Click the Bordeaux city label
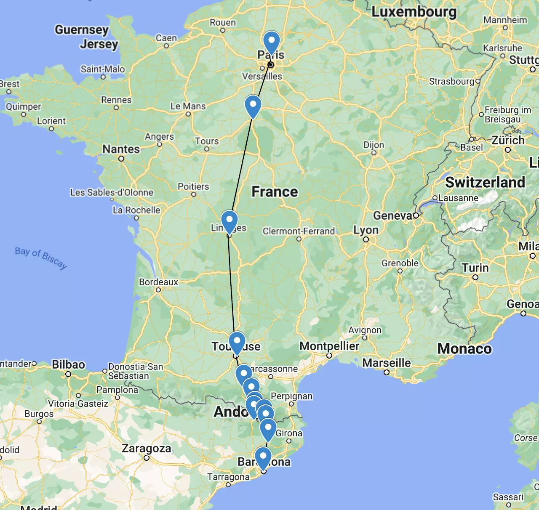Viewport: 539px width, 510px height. pos(159,282)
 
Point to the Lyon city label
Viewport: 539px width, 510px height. pos(366,230)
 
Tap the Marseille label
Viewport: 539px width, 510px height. pos(386,363)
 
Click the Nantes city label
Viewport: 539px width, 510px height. pos(121,149)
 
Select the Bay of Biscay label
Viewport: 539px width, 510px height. pos(41,257)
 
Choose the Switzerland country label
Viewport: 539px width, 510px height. pos(485,182)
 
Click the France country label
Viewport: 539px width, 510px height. pos(275,192)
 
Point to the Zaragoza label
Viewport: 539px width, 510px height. pos(147,448)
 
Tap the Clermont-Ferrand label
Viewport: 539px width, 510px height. pos(299,231)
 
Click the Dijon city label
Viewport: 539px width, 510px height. pos(374,145)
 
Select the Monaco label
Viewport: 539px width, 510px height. pos(464,348)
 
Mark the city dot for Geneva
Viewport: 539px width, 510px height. pos(416,215)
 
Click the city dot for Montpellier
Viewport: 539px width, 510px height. pos(329,356)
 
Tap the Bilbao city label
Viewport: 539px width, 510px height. pos(69,364)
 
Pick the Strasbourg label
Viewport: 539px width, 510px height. pos(451,81)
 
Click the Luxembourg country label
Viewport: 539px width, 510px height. pos(414,12)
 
